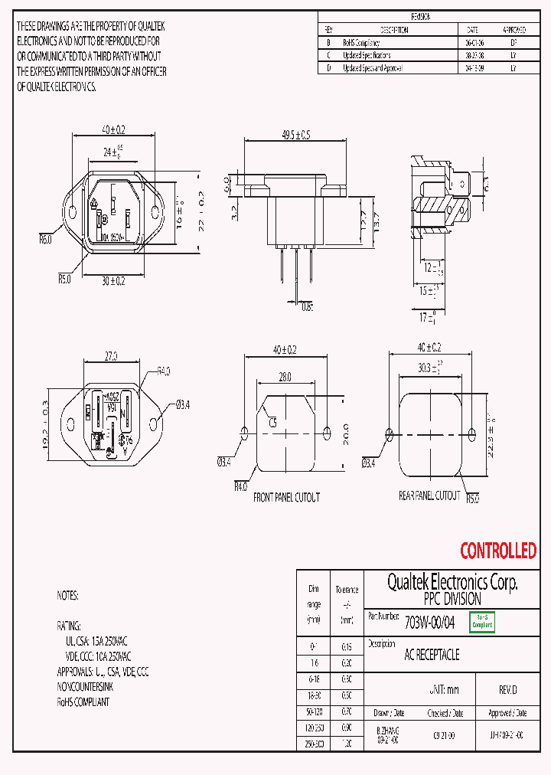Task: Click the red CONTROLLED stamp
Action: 497,550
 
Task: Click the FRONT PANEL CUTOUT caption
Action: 286,497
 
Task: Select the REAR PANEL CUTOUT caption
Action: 429,496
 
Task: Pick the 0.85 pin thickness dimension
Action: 306,307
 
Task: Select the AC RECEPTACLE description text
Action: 432,656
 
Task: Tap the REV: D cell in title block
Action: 507,689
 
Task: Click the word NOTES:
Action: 67,595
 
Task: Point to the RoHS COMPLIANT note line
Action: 83,701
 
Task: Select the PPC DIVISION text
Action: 452,599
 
